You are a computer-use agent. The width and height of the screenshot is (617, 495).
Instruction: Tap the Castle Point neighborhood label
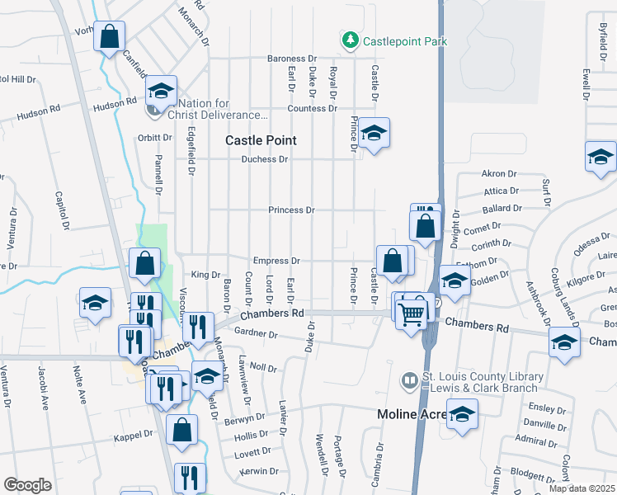point(261,141)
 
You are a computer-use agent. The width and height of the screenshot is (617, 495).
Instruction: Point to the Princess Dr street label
point(291,210)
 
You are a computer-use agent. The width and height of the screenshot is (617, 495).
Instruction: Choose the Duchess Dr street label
point(265,159)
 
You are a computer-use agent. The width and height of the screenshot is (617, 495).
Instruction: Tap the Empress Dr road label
point(276,261)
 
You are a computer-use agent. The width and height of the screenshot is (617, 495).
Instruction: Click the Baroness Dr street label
point(291,59)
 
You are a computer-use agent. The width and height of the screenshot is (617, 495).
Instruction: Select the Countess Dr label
point(313,109)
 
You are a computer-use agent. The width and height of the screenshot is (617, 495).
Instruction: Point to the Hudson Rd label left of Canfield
point(39,108)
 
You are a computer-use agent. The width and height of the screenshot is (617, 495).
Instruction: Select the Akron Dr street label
point(498,174)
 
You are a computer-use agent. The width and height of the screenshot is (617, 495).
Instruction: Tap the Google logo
point(27,485)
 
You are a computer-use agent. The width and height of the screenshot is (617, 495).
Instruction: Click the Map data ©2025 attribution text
point(582,488)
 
